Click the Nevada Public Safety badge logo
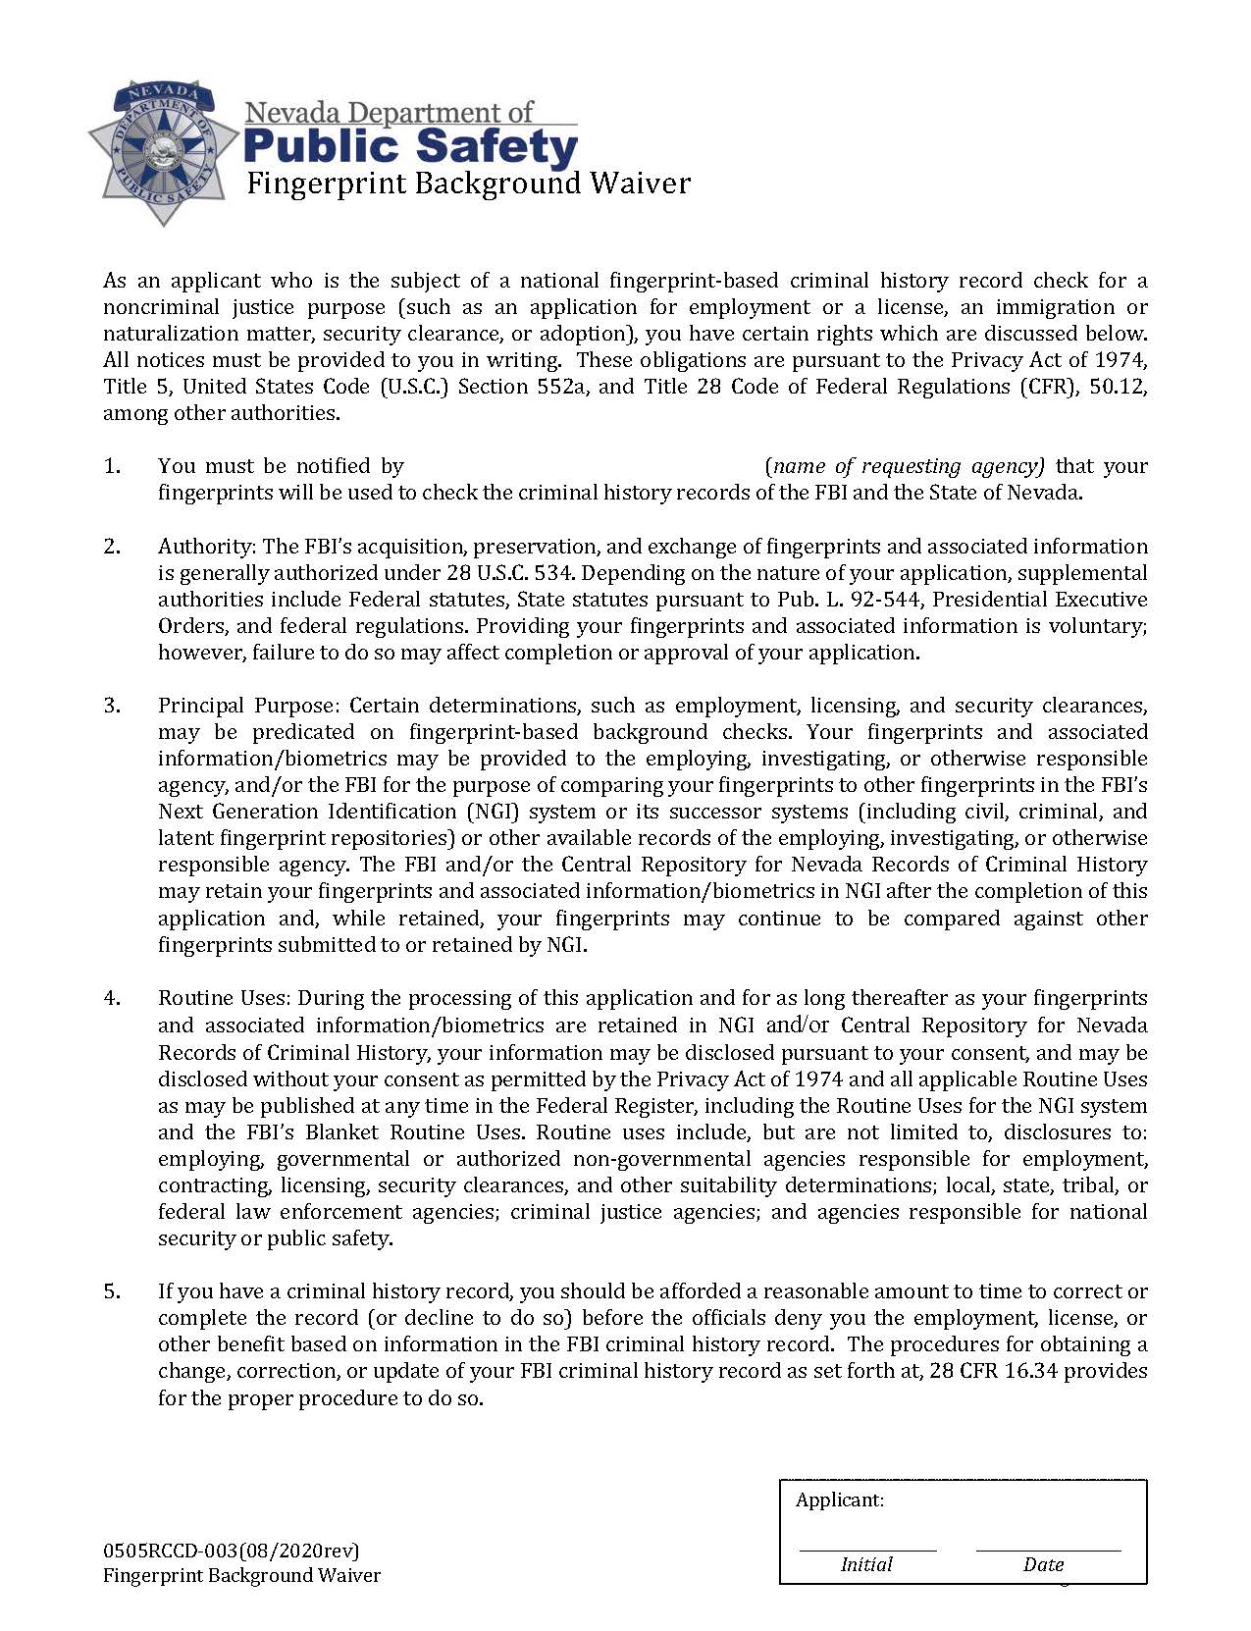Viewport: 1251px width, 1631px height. coord(163,152)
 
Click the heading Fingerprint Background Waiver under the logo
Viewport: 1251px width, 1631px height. coord(468,184)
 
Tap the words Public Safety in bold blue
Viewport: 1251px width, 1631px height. coord(409,147)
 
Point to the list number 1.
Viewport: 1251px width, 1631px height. coord(112,466)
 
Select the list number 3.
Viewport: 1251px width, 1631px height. coord(112,706)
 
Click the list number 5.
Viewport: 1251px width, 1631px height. coord(112,1291)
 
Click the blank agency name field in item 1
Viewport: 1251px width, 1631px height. coord(584,467)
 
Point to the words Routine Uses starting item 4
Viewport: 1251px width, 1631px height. coord(223,998)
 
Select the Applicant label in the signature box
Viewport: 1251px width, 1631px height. coord(839,1499)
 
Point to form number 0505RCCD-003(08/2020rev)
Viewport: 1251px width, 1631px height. coord(232,1551)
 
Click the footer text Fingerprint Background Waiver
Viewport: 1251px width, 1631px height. coord(241,1575)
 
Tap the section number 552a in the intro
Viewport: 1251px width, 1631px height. coord(562,387)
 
